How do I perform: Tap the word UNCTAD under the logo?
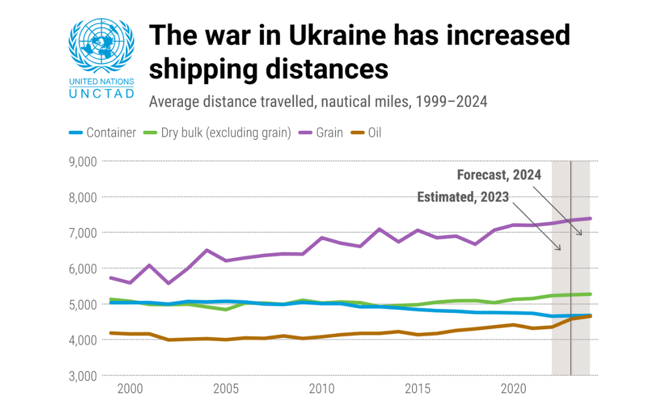click(x=101, y=93)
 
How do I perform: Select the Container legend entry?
click(x=103, y=133)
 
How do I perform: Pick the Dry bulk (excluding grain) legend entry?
click(x=219, y=133)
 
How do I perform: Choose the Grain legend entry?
click(x=322, y=133)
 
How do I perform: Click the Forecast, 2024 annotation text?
click(x=499, y=175)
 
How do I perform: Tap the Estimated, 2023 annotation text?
click(x=463, y=197)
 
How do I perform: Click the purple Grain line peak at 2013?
click(x=379, y=229)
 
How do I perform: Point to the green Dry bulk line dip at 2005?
click(x=226, y=309)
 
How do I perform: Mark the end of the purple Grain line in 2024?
click(x=590, y=218)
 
